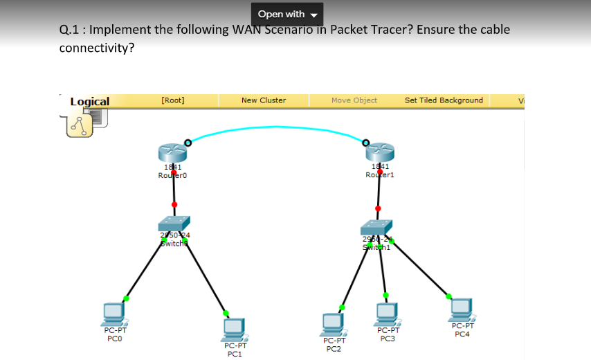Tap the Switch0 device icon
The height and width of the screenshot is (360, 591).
(173, 223)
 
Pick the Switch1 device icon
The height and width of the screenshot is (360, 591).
(376, 226)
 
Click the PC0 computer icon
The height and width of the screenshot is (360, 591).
(112, 314)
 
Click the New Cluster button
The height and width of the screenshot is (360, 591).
(263, 100)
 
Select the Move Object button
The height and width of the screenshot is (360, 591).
(354, 100)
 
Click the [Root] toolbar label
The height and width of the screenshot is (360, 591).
(172, 100)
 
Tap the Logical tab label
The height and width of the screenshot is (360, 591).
(90, 102)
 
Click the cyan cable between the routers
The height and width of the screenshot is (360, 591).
(277, 127)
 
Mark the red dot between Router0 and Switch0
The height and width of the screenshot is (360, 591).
(174, 204)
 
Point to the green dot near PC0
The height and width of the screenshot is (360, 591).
(126, 298)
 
